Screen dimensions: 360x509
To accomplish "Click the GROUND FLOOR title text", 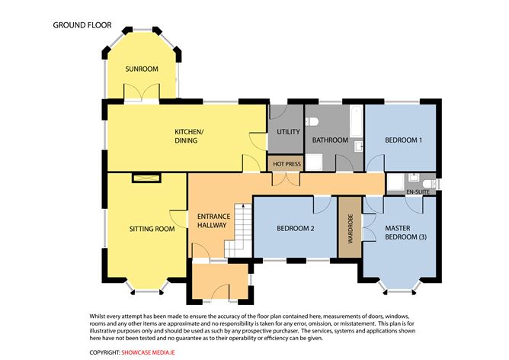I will (x=82, y=25).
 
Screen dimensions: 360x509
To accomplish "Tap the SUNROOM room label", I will (x=142, y=69).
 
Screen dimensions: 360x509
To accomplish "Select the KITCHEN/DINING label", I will (x=187, y=136).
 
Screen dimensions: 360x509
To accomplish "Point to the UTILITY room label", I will (x=288, y=132).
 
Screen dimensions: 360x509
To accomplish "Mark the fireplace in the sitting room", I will (x=146, y=177).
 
